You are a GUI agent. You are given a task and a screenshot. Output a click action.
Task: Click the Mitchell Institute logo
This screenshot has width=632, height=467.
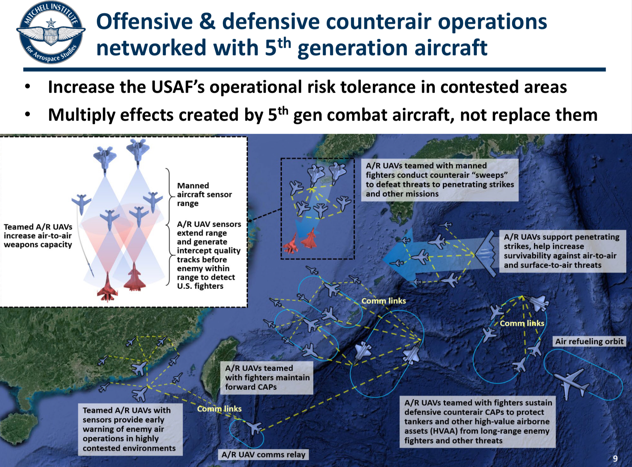[51, 32]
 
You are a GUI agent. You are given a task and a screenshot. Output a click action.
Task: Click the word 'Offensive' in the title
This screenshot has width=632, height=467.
[145, 22]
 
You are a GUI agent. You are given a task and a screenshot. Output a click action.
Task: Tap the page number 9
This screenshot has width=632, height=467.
[615, 458]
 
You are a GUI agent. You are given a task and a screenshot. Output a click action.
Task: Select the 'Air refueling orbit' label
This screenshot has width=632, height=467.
[589, 341]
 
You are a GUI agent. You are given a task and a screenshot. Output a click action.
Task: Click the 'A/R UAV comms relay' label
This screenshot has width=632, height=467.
[263, 454]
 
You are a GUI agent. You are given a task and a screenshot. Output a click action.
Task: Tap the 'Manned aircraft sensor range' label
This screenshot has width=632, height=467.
[204, 194]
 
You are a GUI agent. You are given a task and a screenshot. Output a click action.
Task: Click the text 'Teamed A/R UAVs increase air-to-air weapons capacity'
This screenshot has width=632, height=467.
[38, 236]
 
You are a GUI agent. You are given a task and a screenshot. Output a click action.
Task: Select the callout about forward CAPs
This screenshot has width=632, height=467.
[267, 378]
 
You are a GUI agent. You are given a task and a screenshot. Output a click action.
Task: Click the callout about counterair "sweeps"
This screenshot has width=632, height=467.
[440, 180]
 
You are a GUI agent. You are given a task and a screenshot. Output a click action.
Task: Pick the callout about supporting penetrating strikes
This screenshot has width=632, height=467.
[562, 251]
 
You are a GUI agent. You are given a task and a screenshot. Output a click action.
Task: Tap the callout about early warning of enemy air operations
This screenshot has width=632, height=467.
[130, 429]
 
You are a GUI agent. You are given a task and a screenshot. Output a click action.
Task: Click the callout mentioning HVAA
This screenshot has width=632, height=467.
[478, 421]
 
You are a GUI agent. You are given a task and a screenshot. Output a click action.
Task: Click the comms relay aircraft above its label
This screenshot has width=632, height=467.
[255, 428]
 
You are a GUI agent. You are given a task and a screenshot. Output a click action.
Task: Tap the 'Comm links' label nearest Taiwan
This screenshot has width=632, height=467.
[219, 409]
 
